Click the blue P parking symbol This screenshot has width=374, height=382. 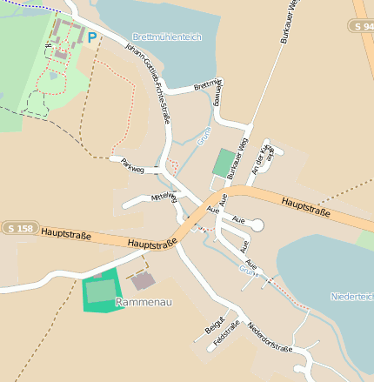[x=92, y=37]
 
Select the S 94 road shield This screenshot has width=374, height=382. [x=364, y=27]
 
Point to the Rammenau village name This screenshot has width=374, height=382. [x=144, y=303]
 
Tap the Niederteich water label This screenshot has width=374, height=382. [x=351, y=297]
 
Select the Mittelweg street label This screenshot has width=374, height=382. [x=164, y=197]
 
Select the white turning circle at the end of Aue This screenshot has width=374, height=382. [x=257, y=225]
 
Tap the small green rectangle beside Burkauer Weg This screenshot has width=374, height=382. [x=224, y=163]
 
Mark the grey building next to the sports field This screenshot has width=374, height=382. [x=144, y=281]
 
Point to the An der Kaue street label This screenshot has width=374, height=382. [x=262, y=157]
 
